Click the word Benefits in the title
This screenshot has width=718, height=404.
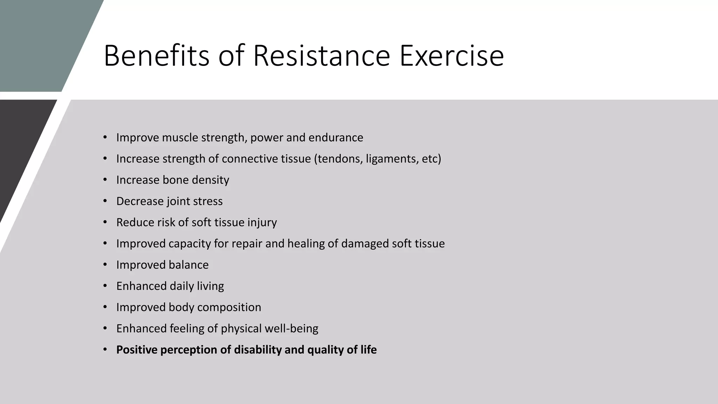point(156,56)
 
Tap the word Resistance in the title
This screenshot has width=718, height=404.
point(321,56)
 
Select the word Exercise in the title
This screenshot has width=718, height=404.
point(452,56)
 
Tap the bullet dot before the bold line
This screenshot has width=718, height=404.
point(105,350)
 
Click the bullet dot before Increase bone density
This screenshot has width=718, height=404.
point(105,180)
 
